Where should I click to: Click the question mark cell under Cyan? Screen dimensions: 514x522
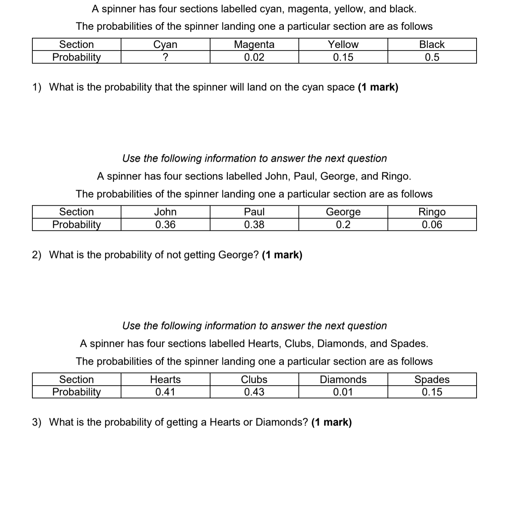(165, 57)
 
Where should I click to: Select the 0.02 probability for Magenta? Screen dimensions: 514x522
(254, 57)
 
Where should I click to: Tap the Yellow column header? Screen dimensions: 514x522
(343, 44)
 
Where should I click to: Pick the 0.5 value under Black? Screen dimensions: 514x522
(432, 57)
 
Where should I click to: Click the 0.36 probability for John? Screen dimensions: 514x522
(165, 225)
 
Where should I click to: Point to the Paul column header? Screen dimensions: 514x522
(254, 212)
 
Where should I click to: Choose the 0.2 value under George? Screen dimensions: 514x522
(343, 225)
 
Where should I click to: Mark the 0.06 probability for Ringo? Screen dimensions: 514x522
(432, 225)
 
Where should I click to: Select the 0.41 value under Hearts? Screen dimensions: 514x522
(165, 392)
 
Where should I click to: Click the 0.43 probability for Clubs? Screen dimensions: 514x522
(254, 392)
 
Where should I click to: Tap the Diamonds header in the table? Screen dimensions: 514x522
(343, 379)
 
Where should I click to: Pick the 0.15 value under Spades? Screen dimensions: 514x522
(432, 392)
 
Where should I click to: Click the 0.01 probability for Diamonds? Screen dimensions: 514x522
(343, 392)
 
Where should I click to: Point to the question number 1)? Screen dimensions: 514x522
(37, 87)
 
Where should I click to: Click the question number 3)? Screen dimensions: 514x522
(37, 422)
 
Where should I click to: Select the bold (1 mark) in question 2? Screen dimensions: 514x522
(282, 255)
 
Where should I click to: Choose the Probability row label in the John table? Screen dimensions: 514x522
(76, 225)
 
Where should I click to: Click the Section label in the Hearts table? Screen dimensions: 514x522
(76, 379)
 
